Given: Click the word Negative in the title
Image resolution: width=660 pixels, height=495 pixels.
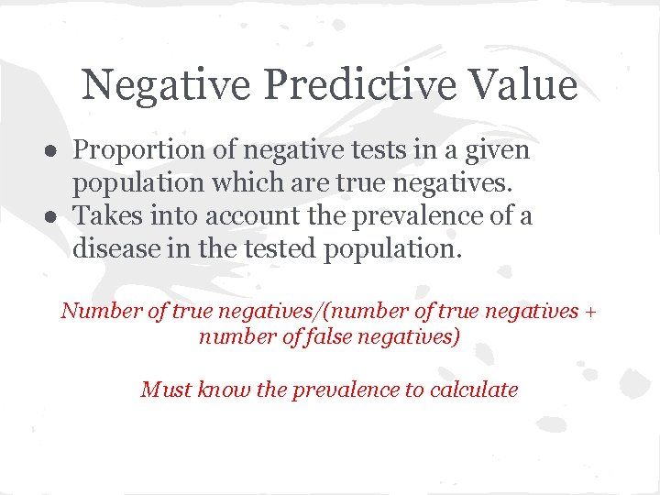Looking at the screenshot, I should tap(166, 85).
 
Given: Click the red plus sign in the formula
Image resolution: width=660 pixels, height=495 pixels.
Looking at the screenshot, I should tap(590, 312).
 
